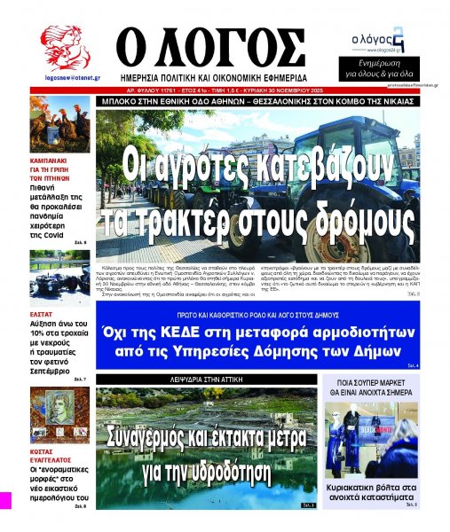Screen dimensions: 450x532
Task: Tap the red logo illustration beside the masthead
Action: (x=65, y=48)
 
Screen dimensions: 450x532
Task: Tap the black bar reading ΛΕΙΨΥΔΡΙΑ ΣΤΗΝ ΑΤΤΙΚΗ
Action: (x=205, y=378)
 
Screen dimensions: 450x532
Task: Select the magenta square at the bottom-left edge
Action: (x=4, y=499)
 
